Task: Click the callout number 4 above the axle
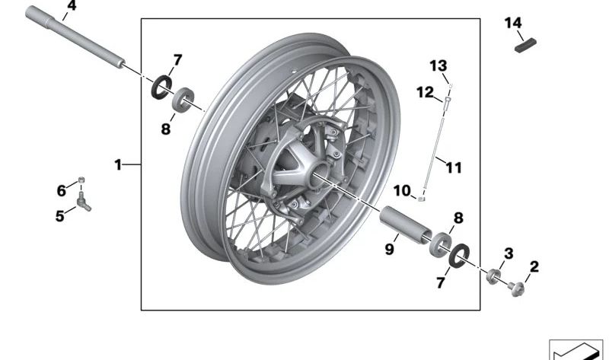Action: click(x=72, y=6)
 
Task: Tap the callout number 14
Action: click(x=513, y=23)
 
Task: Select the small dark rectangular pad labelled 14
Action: click(x=525, y=45)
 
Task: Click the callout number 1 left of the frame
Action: click(x=118, y=165)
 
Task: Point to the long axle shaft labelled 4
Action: click(x=75, y=37)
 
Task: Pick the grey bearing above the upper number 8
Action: click(x=183, y=100)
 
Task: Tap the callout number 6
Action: click(x=62, y=191)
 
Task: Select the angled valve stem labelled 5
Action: click(x=84, y=201)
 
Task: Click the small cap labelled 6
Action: click(x=81, y=180)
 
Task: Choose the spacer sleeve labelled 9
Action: click(x=406, y=225)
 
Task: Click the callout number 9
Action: click(x=389, y=249)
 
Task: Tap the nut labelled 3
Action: click(x=493, y=276)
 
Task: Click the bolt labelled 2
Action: click(x=517, y=288)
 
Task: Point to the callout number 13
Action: click(x=438, y=65)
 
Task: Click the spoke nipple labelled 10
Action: click(x=422, y=199)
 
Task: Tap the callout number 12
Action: click(x=425, y=92)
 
